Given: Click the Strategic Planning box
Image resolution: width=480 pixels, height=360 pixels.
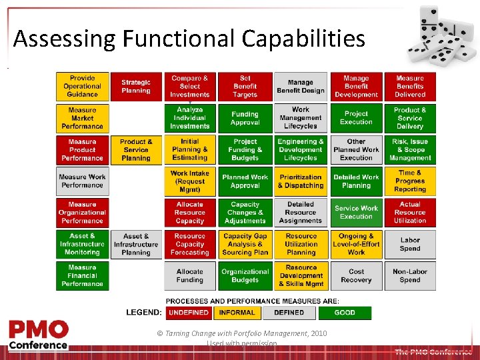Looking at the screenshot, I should point(136,87).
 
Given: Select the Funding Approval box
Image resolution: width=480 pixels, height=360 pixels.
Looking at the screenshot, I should point(245,118).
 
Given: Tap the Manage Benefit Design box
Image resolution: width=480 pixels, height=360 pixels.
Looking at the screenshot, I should point(301,87).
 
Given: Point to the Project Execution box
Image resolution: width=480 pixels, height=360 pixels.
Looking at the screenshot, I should point(356,118).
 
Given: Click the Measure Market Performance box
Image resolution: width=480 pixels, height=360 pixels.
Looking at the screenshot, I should point(82,118).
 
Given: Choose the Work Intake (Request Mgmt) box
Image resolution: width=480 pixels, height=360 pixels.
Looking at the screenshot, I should point(190,181).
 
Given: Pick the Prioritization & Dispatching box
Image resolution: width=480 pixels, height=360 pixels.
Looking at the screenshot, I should point(301,181).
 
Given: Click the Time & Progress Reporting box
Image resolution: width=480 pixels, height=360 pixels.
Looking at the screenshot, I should point(410,181).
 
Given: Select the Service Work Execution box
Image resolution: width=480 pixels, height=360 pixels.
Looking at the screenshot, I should point(356,213).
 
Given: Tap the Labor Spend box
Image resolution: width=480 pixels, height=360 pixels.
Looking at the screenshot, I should point(410,244).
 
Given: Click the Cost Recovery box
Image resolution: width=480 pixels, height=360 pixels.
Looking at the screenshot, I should point(356,275).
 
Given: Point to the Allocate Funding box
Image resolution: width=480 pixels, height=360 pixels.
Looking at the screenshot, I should point(190,275).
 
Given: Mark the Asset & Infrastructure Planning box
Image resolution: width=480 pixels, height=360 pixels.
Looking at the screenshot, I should point(136,244).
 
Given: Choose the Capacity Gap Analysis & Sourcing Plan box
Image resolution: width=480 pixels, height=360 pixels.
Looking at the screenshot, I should point(245,244).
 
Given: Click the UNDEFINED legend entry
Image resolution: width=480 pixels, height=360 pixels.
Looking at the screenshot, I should point(189,312).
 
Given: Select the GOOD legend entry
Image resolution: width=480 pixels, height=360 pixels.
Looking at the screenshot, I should point(345,312).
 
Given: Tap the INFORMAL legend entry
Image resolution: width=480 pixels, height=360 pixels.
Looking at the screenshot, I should point(237,312).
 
